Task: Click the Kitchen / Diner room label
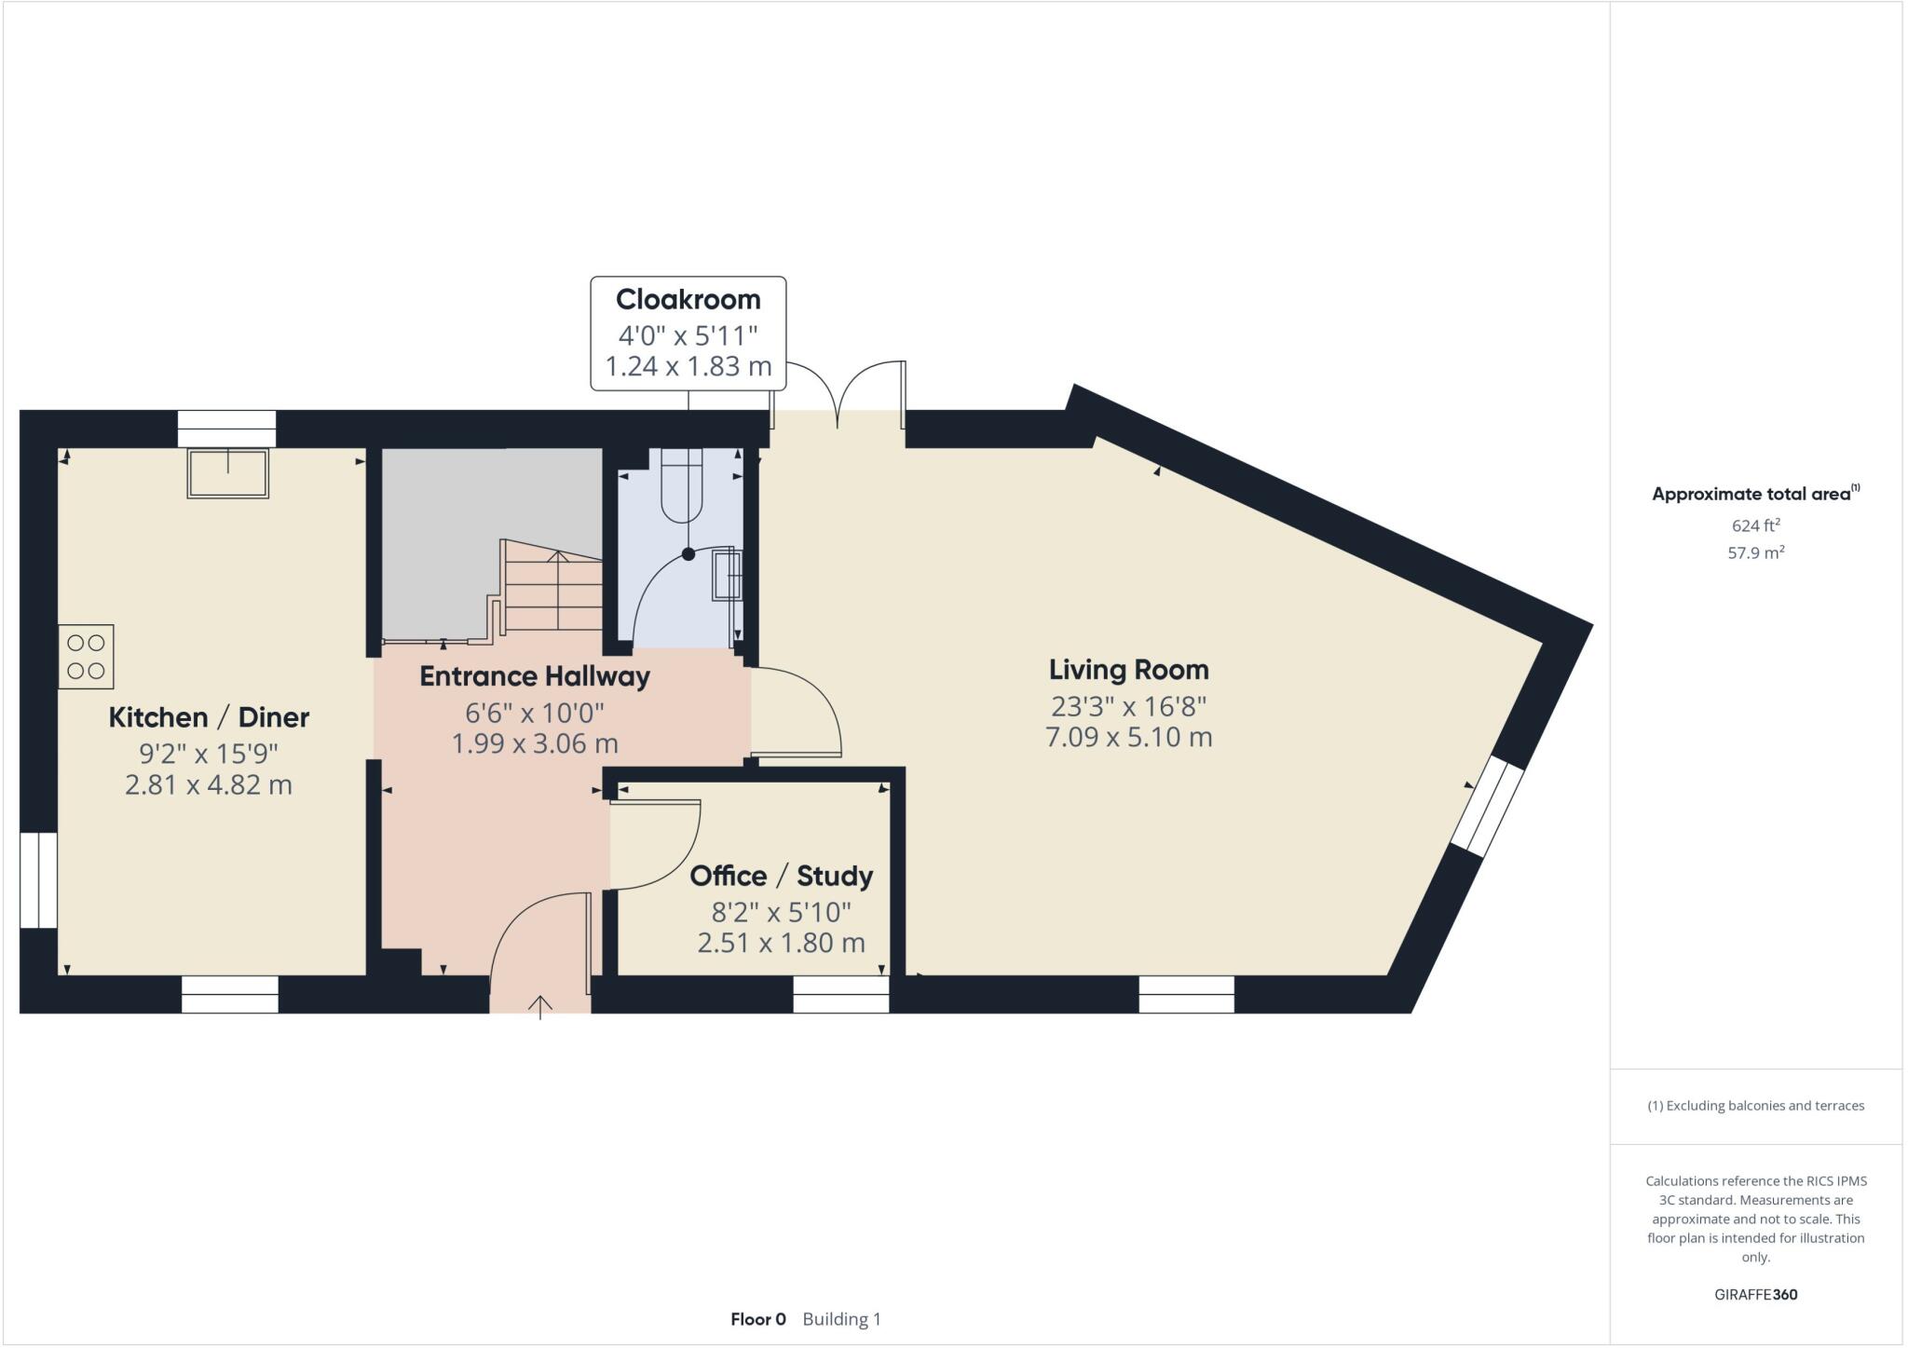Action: click(x=209, y=717)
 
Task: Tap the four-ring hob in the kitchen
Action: click(x=86, y=657)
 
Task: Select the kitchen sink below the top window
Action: click(x=228, y=473)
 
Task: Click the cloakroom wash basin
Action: click(x=728, y=575)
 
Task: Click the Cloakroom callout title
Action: click(x=688, y=300)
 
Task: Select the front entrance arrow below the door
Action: click(x=540, y=1006)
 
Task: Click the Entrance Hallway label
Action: click(x=535, y=676)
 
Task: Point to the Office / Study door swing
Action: click(x=658, y=844)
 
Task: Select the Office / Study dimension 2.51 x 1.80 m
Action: click(x=781, y=943)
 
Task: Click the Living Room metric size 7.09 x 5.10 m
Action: click(x=1128, y=738)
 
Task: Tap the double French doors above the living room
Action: click(x=838, y=396)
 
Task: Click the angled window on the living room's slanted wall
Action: click(x=1488, y=805)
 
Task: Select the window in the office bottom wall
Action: click(x=840, y=995)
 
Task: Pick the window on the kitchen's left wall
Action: click(x=38, y=879)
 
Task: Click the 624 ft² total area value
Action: click(x=1755, y=525)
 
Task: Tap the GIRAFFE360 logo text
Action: click(x=1755, y=1294)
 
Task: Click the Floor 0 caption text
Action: click(x=757, y=1319)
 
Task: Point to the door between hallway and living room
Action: click(x=797, y=713)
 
